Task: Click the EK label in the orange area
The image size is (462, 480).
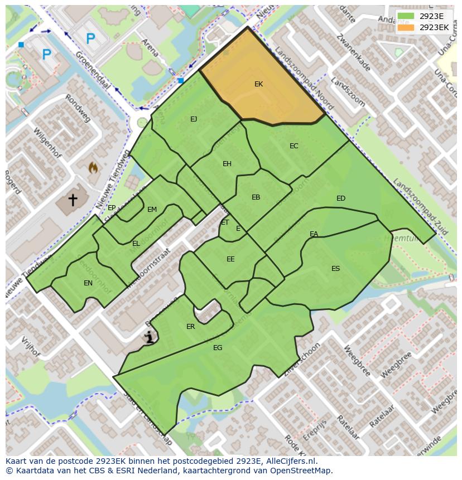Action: pyautogui.click(x=258, y=84)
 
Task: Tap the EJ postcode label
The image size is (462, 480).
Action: pyautogui.click(x=194, y=119)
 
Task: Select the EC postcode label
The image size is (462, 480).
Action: pyautogui.click(x=293, y=146)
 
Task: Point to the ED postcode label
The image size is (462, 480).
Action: pyautogui.click(x=341, y=198)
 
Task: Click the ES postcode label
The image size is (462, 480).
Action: pyautogui.click(x=335, y=269)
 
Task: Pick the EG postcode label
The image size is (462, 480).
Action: pyautogui.click(x=218, y=348)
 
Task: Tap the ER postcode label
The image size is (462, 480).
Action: pyautogui.click(x=191, y=327)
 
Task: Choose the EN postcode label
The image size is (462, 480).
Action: pyautogui.click(x=88, y=283)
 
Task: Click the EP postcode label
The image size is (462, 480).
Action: pyautogui.click(x=112, y=208)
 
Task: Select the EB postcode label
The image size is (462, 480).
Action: pyautogui.click(x=256, y=197)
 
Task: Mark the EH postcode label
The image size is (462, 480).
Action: pyautogui.click(x=227, y=164)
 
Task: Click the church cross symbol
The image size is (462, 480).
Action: pyautogui.click(x=73, y=199)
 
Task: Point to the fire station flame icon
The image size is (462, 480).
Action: pyautogui.click(x=94, y=167)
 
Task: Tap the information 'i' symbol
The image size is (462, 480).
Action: pyautogui.click(x=149, y=337)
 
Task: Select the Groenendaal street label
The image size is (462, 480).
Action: pyautogui.click(x=92, y=70)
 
